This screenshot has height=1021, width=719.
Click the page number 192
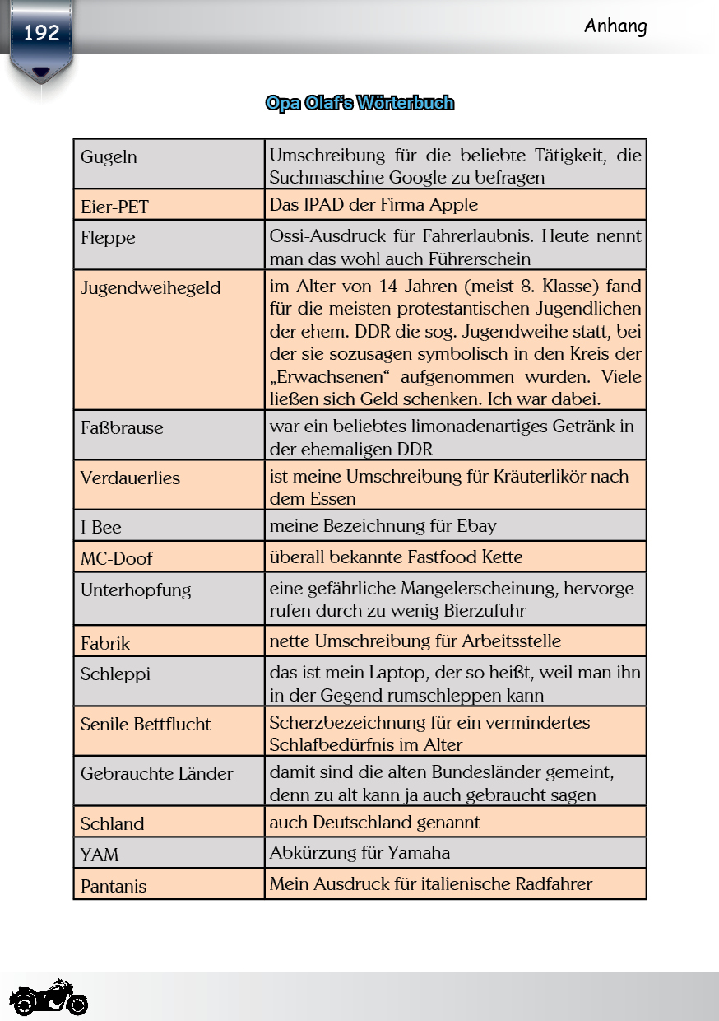point(41,34)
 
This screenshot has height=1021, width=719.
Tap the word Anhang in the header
point(615,26)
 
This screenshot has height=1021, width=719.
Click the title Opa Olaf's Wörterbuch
point(359,103)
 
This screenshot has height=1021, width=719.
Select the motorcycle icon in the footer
point(49,998)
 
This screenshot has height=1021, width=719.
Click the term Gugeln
point(109,157)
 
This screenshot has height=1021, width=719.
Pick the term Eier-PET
point(114,207)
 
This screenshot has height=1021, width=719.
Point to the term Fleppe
point(108,238)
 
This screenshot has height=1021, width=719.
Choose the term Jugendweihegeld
point(151,288)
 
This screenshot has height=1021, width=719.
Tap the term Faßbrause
point(122,428)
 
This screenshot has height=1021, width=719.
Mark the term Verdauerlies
point(130,478)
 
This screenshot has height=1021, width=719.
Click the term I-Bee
point(100,528)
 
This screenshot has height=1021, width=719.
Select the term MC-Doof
point(116,559)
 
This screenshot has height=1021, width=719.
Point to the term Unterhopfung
point(136,590)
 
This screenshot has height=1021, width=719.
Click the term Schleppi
point(115,674)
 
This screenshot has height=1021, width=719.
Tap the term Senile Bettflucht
point(146,725)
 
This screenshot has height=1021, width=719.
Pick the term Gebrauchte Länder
point(156,774)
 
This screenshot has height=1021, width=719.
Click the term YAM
point(100,855)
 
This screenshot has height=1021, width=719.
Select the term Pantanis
point(114,887)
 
